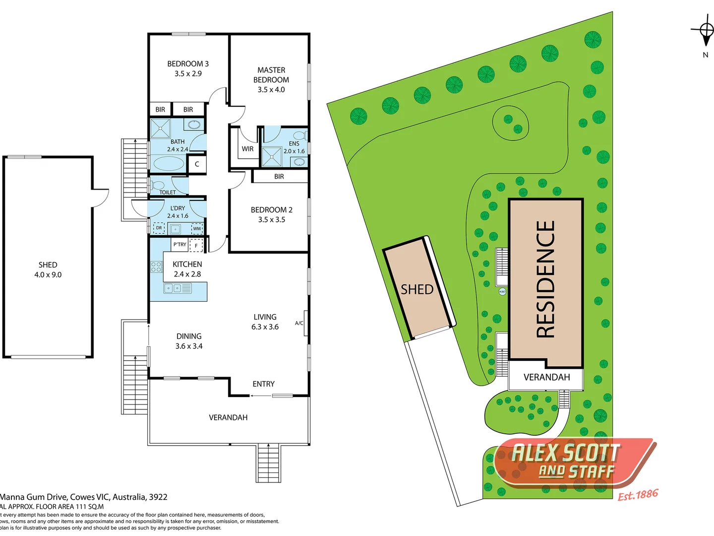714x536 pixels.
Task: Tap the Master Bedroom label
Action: point(271,75)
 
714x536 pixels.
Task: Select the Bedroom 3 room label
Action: point(188,64)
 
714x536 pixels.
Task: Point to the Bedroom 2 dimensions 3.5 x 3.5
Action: point(271,219)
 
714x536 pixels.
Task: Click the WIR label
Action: point(247,149)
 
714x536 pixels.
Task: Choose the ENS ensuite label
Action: point(294,143)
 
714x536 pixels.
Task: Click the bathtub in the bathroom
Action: point(169,163)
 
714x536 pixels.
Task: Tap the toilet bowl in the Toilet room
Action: point(158,186)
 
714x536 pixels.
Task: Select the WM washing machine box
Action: point(197,228)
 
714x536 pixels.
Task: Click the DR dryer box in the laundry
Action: point(159,228)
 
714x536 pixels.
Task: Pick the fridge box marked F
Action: point(196,245)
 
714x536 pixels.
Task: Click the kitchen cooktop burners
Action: point(157,267)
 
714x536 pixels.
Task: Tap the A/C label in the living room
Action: point(299,323)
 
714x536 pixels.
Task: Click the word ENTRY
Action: point(263,384)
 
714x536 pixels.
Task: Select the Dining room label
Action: point(189,336)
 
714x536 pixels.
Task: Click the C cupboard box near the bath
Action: point(197,164)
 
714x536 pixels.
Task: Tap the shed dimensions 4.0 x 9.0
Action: point(48,274)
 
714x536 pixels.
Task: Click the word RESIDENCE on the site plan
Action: point(546,279)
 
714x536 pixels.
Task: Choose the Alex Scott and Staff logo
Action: point(570,462)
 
